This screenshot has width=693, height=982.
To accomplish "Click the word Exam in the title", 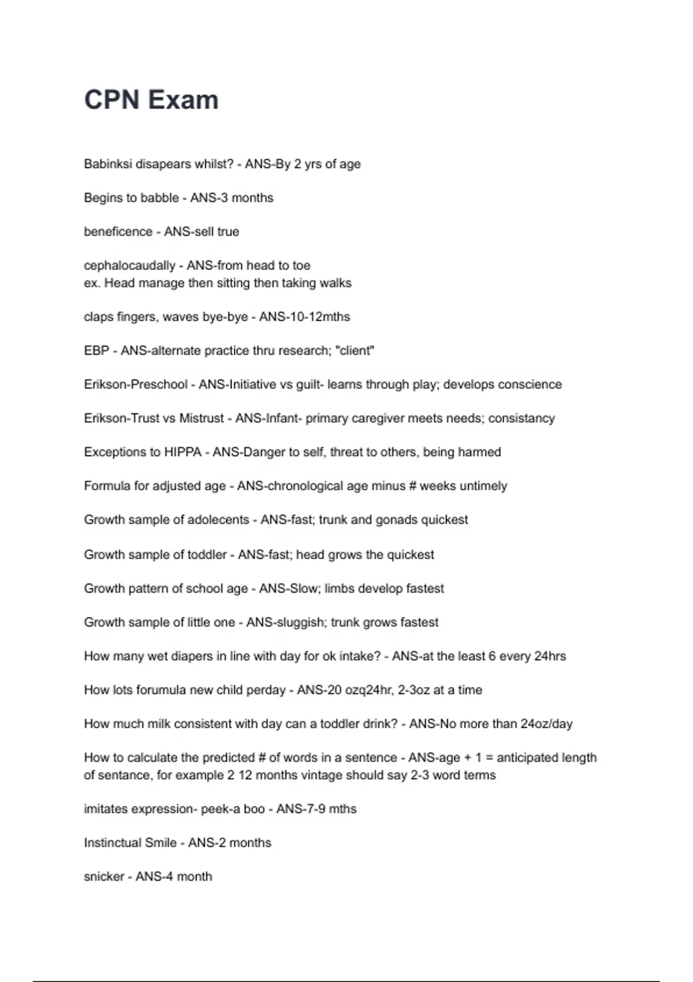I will (184, 100).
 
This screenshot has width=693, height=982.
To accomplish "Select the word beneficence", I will (118, 232).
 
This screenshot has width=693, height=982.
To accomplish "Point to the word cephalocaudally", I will (129, 266).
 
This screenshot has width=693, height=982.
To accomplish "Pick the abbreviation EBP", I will (96, 351).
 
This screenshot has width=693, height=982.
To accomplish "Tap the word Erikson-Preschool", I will (136, 385).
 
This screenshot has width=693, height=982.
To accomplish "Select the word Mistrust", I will (201, 418).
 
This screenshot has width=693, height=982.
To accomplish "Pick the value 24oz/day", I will (546, 724).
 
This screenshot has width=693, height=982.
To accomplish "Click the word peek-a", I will (221, 809).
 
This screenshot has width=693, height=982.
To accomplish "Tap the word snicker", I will (104, 876).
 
